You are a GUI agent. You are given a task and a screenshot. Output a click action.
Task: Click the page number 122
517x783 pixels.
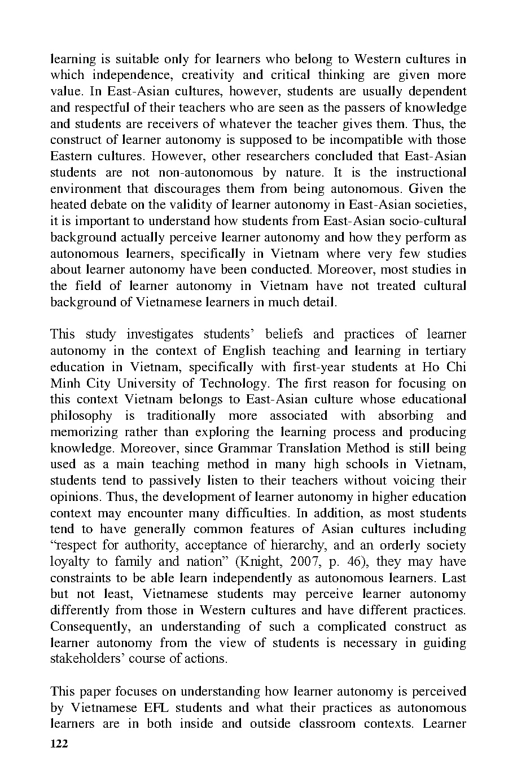[59, 744]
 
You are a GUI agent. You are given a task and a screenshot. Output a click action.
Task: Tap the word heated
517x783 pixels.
[68, 204]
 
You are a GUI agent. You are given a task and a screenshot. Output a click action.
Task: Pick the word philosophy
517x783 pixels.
[81, 416]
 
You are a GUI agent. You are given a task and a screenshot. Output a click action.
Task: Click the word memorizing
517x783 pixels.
[84, 432]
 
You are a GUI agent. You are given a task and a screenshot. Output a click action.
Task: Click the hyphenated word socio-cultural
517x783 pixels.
[430, 221]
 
